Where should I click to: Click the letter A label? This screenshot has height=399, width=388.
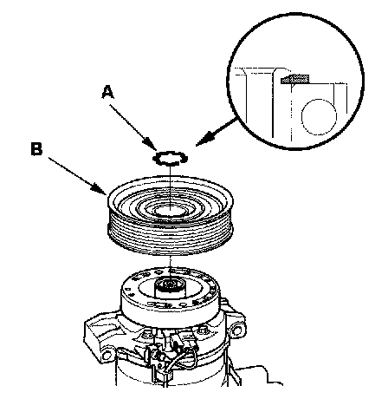(x=107, y=92)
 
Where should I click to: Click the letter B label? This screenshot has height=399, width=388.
(x=36, y=149)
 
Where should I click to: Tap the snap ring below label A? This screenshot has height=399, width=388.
(x=171, y=158)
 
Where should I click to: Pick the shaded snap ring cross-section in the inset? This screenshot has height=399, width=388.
(x=294, y=79)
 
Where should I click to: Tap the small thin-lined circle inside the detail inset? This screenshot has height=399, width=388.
(x=320, y=117)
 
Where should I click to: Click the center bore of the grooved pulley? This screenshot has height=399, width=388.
(x=171, y=210)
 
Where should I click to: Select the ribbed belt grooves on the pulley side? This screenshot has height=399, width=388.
(x=171, y=237)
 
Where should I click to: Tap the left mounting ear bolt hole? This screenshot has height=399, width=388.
(x=107, y=355)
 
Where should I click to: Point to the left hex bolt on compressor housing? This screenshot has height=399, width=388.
(x=147, y=336)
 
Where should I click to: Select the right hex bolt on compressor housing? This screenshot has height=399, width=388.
(x=203, y=330)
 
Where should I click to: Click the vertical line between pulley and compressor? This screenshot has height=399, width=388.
(x=171, y=266)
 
